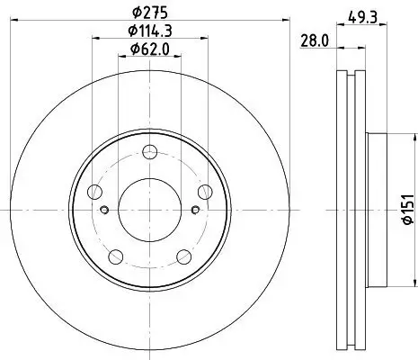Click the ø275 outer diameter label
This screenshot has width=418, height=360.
tap(149, 13)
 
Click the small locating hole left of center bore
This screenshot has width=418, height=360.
tap(105, 211)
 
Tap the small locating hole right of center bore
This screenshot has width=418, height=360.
tap(193, 211)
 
